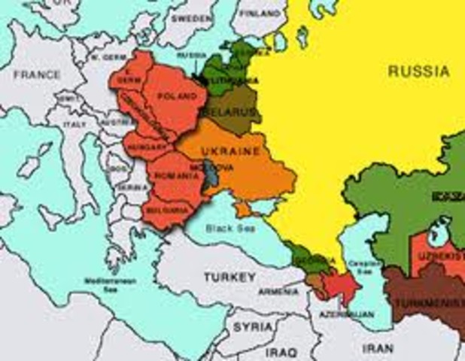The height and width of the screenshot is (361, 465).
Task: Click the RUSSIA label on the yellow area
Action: pos(419,72)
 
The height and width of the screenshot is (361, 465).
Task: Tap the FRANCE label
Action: pos(37,75)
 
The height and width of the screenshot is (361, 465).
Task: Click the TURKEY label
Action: pos(228,278)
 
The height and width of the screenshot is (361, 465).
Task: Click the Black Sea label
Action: pos(232,229)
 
